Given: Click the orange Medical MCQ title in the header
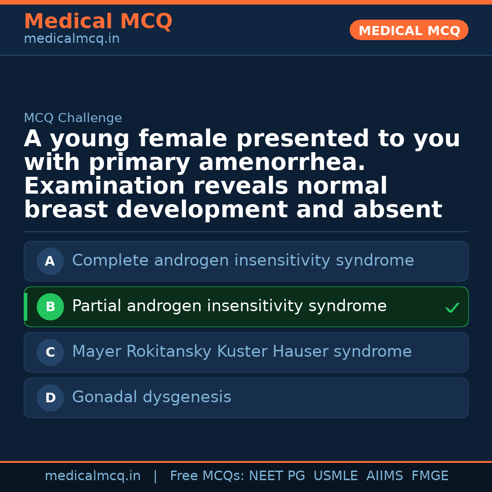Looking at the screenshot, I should pyautogui.click(x=98, y=21).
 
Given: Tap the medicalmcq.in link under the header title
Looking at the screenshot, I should pyautogui.click(x=72, y=39).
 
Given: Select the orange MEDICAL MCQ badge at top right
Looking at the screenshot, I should pyautogui.click(x=409, y=31).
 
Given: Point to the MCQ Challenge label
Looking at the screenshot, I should pyautogui.click(x=73, y=118).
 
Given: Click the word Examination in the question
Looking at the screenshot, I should pyautogui.click(x=104, y=186).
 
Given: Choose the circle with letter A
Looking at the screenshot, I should pyautogui.click(x=50, y=261).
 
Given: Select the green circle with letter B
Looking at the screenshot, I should pyautogui.click(x=50, y=307).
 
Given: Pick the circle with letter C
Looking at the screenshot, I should pyautogui.click(x=50, y=353).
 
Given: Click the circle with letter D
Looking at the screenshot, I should pyautogui.click(x=50, y=398).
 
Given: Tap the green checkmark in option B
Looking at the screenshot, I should pyautogui.click(x=452, y=308).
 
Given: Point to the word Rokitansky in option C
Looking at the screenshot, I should pyautogui.click(x=169, y=352).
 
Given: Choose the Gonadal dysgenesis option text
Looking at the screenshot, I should pyautogui.click(x=152, y=397).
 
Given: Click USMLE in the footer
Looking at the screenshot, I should pyautogui.click(x=335, y=476).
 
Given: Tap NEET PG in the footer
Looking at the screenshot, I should pyautogui.click(x=277, y=476).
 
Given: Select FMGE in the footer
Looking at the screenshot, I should pyautogui.click(x=430, y=476).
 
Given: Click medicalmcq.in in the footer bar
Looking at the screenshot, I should pyautogui.click(x=92, y=476).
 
